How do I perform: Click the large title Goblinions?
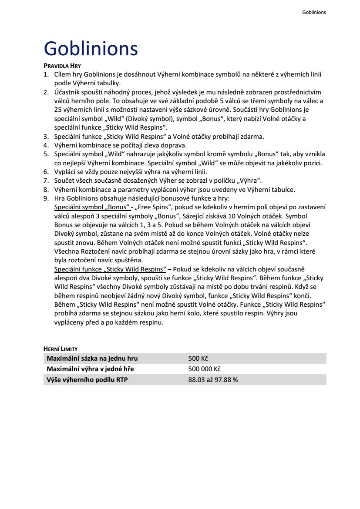(91, 48)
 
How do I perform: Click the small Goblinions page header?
(314, 12)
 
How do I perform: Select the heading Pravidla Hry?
(62, 66)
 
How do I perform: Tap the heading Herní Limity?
(61, 349)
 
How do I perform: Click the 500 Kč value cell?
(198, 358)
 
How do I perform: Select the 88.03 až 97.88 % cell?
(213, 379)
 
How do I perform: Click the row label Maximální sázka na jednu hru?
(92, 358)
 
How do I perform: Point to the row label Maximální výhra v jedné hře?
(90, 369)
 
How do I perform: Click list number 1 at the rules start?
(46, 75)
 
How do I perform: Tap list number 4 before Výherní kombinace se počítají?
(46, 145)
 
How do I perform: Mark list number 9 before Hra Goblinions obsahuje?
(46, 198)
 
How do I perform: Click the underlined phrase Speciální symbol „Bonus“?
(91, 207)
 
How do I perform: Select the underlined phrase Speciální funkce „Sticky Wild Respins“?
(110, 269)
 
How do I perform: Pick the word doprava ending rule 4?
(175, 145)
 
